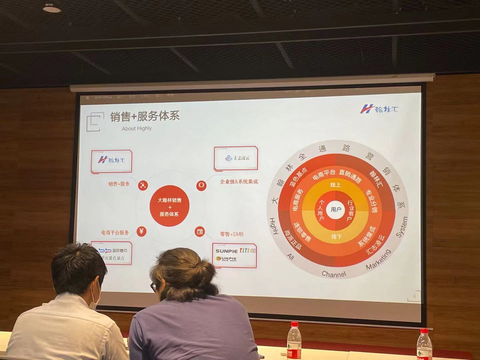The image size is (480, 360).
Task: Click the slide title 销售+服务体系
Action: [145, 116]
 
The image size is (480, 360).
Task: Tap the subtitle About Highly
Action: [137, 128]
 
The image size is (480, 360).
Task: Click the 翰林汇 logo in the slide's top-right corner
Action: [379, 109]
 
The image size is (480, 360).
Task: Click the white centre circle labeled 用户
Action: [336, 210]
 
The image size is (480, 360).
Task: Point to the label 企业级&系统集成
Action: [239, 182]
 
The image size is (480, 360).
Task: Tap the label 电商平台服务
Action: [115, 233]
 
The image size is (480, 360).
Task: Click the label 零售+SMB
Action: [231, 234]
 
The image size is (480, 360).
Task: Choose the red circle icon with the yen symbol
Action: [142, 231]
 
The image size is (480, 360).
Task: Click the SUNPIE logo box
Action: [235, 255]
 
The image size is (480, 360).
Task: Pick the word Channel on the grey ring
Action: [334, 274]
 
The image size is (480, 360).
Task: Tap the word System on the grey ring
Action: [402, 227]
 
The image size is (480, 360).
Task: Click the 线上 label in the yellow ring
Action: [335, 185]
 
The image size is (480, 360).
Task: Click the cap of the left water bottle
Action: [294, 325]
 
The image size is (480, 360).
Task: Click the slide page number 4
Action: [414, 296]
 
